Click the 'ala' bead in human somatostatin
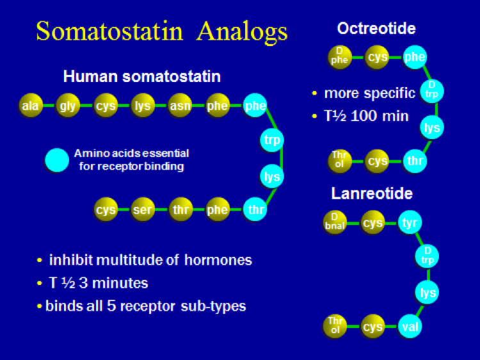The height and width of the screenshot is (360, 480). click(30, 106)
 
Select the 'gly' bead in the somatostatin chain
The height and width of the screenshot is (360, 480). click(68, 106)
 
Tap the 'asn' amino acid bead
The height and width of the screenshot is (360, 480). click(180, 106)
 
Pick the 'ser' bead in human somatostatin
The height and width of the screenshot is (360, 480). click(142, 209)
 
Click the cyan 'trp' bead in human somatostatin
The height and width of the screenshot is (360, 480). click(272, 140)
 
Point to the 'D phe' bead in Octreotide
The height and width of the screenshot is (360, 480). click(339, 57)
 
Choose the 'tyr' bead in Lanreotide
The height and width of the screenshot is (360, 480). click(410, 222)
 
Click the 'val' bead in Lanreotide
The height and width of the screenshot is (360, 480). click(410, 327)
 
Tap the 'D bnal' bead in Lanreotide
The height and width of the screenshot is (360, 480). click(335, 222)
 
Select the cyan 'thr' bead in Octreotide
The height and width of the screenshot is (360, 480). click(415, 161)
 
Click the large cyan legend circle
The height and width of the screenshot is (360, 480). click(57, 160)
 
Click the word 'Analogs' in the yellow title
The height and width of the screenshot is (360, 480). click(242, 32)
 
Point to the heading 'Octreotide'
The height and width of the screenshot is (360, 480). click(376, 28)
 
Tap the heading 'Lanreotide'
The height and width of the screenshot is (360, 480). click(372, 193)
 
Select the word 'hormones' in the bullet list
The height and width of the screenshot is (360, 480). click(218, 260)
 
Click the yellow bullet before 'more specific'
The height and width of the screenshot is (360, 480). click(314, 93)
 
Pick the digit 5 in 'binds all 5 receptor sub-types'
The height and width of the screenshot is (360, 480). click(111, 306)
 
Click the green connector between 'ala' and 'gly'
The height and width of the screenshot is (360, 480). click(49, 106)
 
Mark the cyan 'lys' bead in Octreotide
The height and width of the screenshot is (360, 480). click(431, 127)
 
